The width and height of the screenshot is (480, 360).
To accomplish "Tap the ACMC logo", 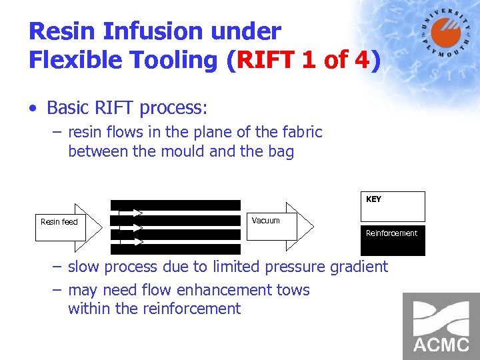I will pyautogui.click(x=441, y=326).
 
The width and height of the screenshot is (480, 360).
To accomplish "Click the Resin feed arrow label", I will pyautogui.click(x=59, y=222).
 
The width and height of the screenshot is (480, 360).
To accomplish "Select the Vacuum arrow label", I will pyautogui.click(x=266, y=221).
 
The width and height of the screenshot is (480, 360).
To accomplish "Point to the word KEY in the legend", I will pyautogui.click(x=373, y=199).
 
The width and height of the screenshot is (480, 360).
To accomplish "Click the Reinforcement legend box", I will pyautogui.click(x=392, y=239).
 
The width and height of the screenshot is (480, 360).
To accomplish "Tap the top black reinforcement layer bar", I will pyautogui.click(x=175, y=205).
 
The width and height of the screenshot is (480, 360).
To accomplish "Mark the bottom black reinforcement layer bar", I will pyautogui.click(x=175, y=249).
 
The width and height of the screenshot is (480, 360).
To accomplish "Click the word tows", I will pyautogui.click(x=293, y=290).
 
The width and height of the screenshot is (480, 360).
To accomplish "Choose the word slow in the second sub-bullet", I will pyautogui.click(x=85, y=267).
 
